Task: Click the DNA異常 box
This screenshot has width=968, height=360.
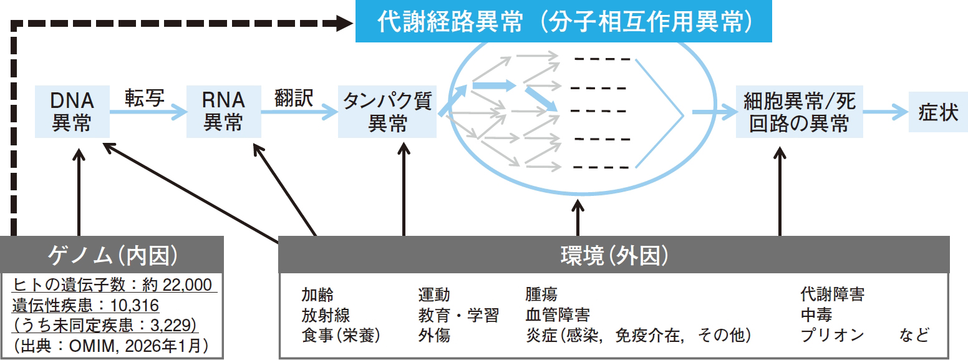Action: coord(72,112)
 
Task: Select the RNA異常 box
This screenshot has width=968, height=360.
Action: coord(223,112)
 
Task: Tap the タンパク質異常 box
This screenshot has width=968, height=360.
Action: coord(387,112)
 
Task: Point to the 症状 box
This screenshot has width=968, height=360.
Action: coord(938,112)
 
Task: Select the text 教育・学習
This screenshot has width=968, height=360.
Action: coord(458,315)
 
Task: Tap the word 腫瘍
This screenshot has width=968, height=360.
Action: coord(541,294)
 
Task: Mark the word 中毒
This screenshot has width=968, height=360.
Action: coord(816,315)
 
